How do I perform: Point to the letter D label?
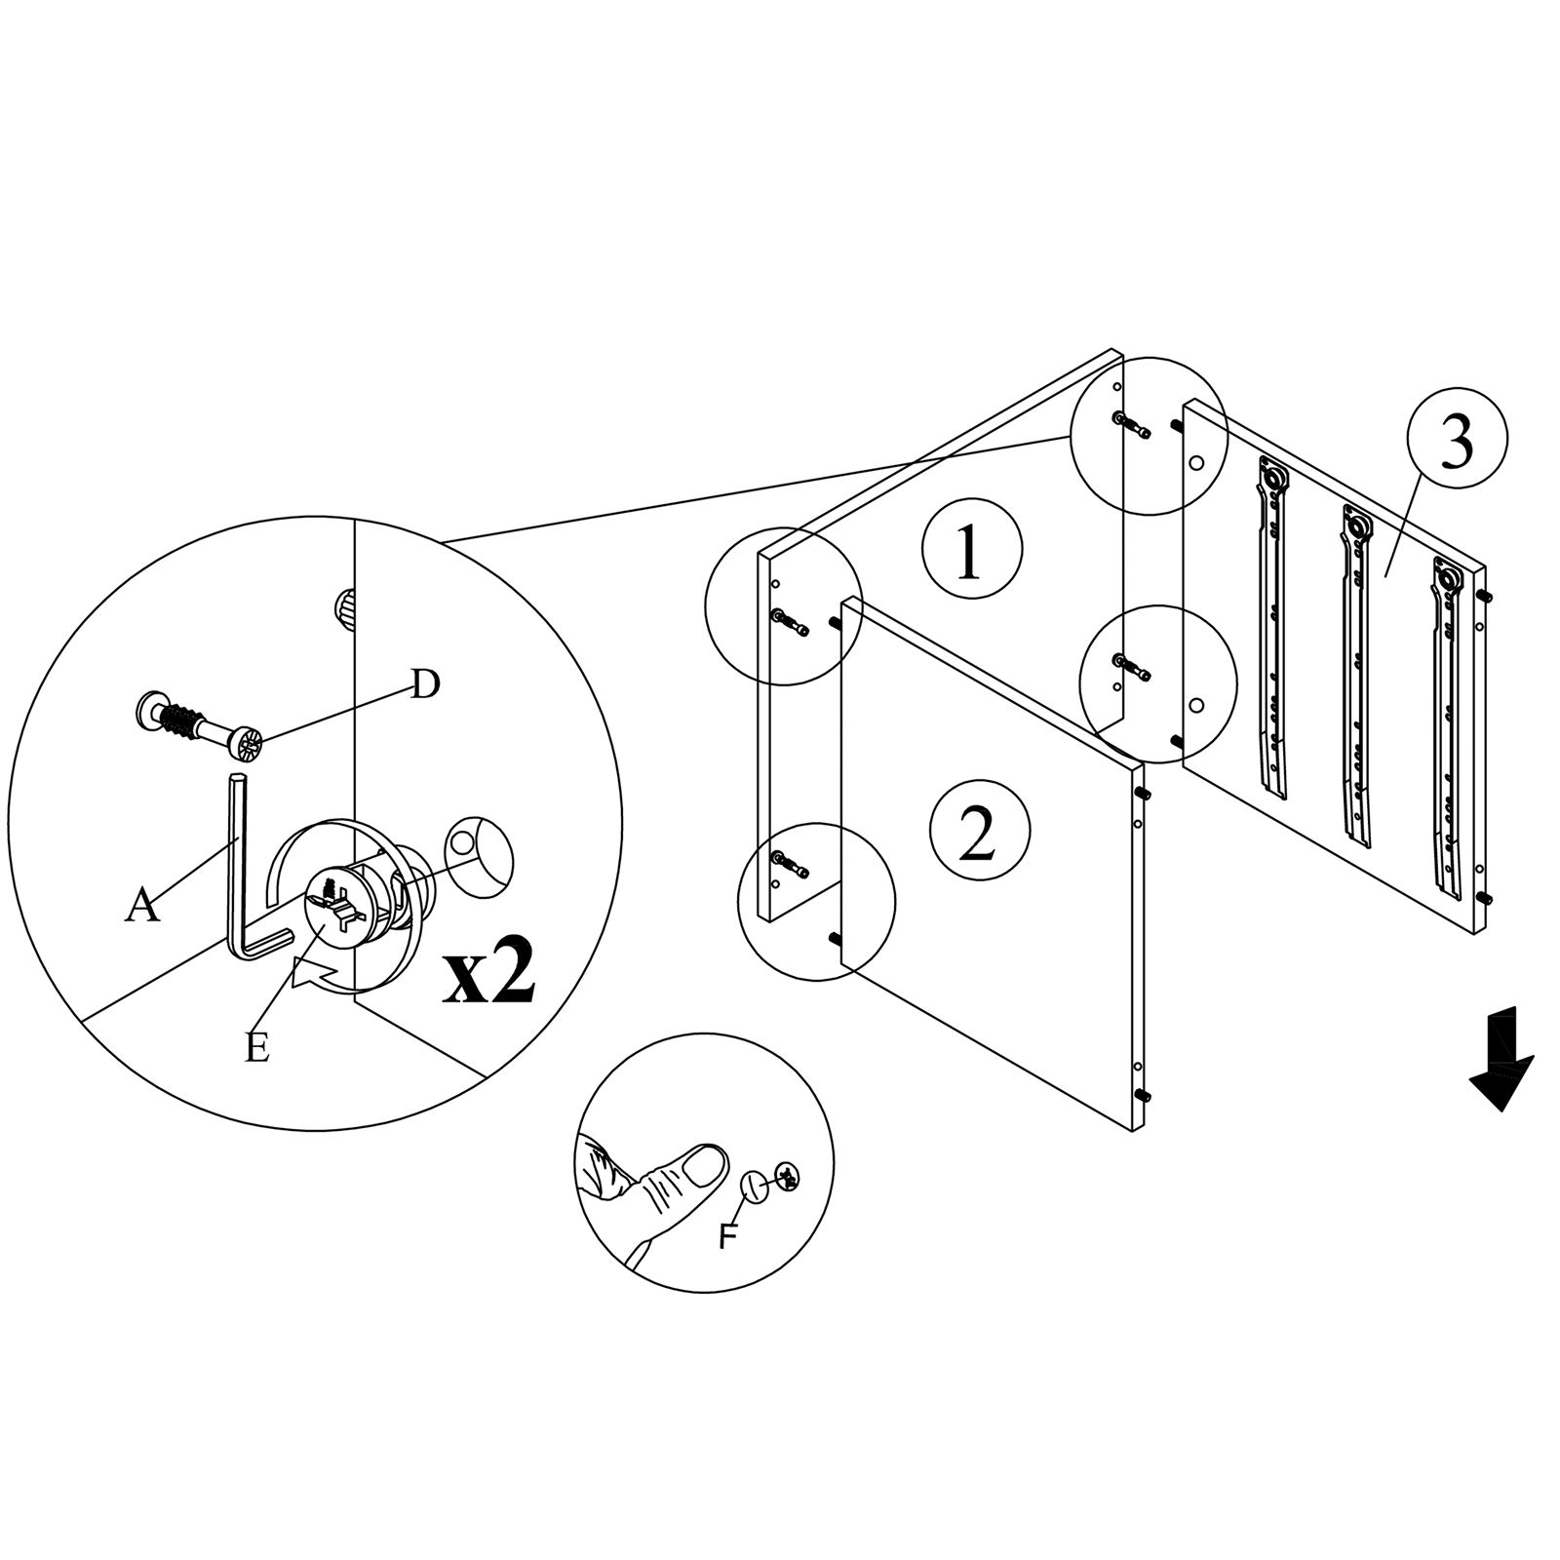423,684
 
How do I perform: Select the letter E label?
256,1048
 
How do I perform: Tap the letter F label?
727,1236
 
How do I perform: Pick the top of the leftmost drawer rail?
1271,478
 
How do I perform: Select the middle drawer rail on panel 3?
1355,673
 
